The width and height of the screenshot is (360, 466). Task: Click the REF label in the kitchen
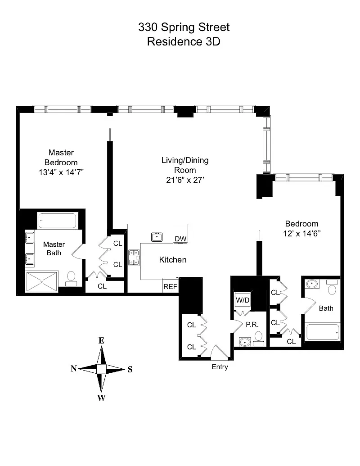tap(170, 286)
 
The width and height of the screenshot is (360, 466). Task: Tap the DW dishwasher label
tap(180, 239)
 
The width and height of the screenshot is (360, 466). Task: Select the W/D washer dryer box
tap(243, 300)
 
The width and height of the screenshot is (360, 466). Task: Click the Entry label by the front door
tap(220, 367)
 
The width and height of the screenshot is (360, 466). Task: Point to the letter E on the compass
tap(101, 340)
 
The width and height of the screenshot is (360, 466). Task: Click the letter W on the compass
tap(101, 398)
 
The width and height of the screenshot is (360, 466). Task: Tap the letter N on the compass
tap(74, 368)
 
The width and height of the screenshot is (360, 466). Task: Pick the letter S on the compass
tap(130, 369)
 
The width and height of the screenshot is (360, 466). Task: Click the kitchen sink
tap(157, 237)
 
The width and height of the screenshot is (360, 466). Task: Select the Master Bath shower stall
tap(41, 281)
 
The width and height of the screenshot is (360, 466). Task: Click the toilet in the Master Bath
tap(71, 279)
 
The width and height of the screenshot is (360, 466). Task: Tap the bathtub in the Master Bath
tap(57, 221)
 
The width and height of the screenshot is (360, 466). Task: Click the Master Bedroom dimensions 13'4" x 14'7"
tap(61, 172)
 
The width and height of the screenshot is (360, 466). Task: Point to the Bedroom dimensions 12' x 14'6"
tap(302, 234)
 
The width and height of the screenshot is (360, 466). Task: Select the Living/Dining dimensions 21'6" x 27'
tap(185, 180)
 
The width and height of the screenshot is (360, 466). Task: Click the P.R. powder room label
tap(252, 325)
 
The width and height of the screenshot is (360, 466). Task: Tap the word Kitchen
tap(172, 260)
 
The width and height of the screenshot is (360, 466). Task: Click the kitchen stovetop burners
tap(134, 258)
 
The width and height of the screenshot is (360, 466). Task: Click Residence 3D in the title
tap(184, 41)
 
